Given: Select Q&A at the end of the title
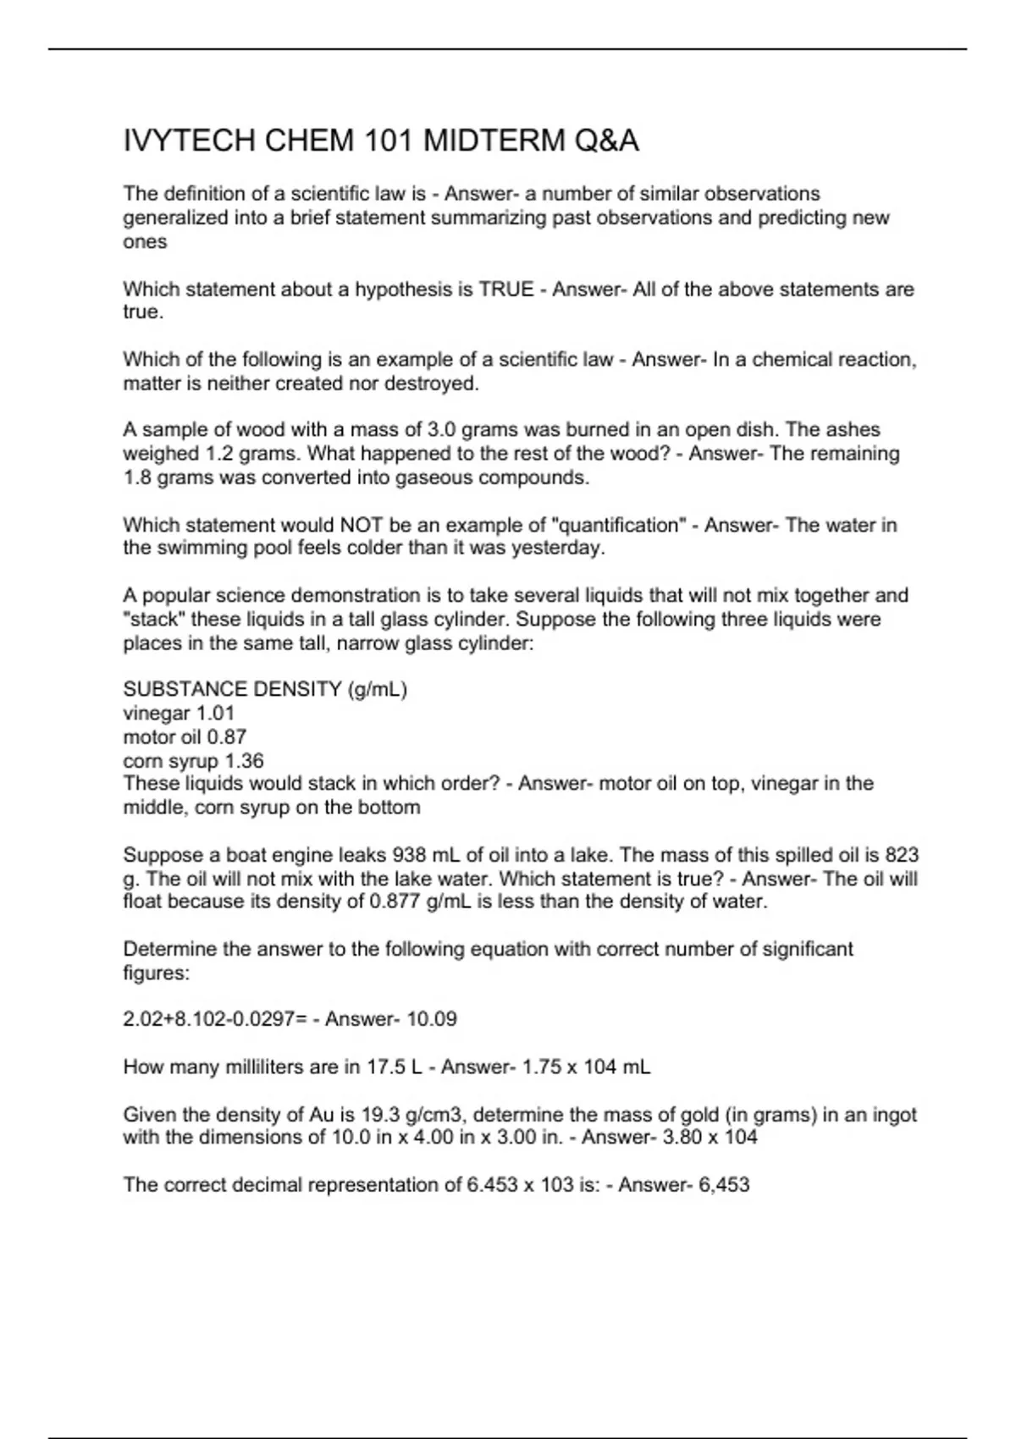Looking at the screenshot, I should coord(606,141).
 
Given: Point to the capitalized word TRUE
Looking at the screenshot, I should coord(506,289).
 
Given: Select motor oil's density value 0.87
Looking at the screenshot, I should coord(226,737).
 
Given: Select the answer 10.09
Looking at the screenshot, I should coord(432,1019).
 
